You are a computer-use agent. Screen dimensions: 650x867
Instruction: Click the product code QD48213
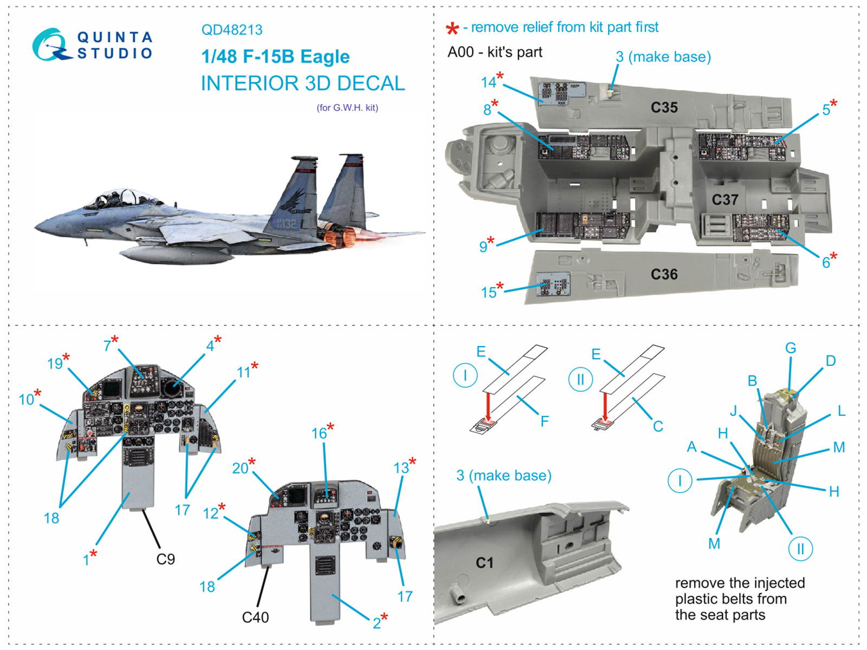click(x=232, y=30)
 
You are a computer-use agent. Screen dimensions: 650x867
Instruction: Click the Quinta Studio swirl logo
click(x=50, y=44)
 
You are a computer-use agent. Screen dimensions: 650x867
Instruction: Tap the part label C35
click(x=664, y=108)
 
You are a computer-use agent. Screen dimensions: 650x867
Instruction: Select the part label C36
click(x=664, y=275)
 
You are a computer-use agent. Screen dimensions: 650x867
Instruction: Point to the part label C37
click(x=724, y=200)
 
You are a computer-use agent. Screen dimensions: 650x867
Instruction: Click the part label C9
click(x=165, y=559)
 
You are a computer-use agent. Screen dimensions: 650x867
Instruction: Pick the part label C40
click(x=255, y=617)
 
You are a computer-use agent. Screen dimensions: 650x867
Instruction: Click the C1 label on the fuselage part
click(x=484, y=563)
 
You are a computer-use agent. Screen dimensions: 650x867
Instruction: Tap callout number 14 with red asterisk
click(x=489, y=82)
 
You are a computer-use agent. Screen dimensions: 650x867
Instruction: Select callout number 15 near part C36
click(x=489, y=292)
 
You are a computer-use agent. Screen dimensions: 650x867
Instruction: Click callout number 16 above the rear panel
click(x=319, y=433)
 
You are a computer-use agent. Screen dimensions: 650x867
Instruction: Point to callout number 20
click(x=240, y=468)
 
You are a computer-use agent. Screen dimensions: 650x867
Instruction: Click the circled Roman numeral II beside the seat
click(x=800, y=549)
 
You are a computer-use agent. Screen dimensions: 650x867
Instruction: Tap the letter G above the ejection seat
click(x=791, y=348)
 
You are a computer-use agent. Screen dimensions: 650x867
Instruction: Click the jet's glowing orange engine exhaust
click(x=340, y=237)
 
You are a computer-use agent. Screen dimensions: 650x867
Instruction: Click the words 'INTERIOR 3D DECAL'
click(x=303, y=83)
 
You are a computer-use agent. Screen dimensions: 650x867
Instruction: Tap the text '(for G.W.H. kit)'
click(x=347, y=108)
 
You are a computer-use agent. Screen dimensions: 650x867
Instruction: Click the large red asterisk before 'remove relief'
click(x=452, y=29)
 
